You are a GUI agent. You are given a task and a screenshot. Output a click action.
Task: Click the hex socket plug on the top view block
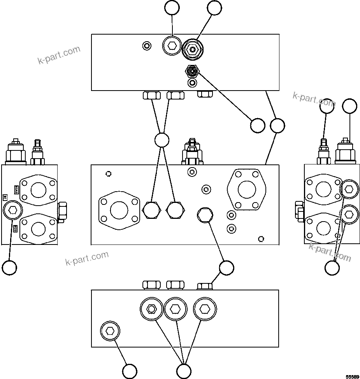(x=172, y=46)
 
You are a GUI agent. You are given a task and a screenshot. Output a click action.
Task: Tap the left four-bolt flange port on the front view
(x=119, y=210)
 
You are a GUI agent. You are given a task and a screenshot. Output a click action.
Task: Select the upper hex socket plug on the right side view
(x=349, y=189)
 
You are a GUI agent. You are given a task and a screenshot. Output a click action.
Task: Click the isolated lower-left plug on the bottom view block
(x=110, y=331)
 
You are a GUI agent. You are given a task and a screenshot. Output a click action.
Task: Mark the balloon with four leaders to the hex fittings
(x=162, y=140)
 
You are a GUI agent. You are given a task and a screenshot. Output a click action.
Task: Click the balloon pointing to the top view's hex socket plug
(x=172, y=8)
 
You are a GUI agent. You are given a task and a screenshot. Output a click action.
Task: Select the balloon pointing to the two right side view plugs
(x=332, y=267)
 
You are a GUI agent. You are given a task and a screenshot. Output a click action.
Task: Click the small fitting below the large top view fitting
(x=192, y=71)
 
